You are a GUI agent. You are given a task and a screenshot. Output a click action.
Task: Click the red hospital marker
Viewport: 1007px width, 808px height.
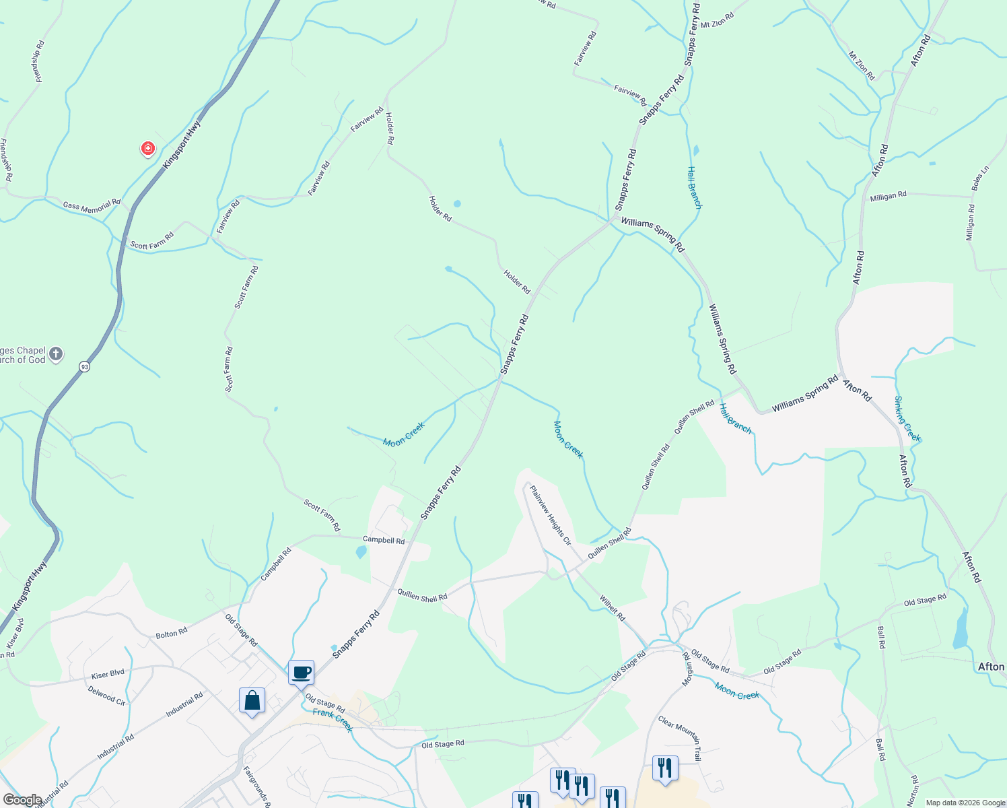point(147,148)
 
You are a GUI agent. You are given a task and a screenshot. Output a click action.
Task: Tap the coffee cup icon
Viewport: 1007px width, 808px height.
point(302,672)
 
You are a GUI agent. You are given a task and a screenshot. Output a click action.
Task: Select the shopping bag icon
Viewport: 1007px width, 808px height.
point(252,701)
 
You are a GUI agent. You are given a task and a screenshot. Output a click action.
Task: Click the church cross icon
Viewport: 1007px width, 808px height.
point(56,353)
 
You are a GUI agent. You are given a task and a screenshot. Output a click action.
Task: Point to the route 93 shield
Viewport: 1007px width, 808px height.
point(84,366)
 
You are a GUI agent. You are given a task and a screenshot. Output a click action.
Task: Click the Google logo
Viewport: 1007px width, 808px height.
point(22,800)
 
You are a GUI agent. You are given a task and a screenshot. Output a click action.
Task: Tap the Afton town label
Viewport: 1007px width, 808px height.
point(991,667)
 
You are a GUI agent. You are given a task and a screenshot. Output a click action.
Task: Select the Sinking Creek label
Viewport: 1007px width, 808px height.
point(907,418)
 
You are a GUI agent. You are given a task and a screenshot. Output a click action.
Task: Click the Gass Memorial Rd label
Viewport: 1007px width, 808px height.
point(92,207)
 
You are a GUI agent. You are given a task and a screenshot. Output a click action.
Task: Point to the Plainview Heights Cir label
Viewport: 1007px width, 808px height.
point(551,515)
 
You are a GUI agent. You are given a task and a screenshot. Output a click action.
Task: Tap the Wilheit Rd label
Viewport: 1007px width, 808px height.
point(612,608)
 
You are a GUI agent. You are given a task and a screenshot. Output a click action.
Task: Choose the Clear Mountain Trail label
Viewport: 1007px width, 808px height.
point(680,739)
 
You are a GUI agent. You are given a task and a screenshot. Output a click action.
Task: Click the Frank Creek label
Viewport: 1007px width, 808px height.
point(333,720)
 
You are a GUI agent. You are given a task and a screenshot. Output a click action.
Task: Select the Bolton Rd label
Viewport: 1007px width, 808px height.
point(172,634)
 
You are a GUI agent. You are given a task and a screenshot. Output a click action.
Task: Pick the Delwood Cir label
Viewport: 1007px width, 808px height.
point(106,695)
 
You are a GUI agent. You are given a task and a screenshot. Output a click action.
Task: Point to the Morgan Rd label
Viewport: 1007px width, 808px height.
point(687,669)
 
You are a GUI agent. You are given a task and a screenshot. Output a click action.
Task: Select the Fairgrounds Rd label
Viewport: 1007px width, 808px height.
point(256,787)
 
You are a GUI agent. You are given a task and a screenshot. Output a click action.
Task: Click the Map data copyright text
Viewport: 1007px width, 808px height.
point(965,803)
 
